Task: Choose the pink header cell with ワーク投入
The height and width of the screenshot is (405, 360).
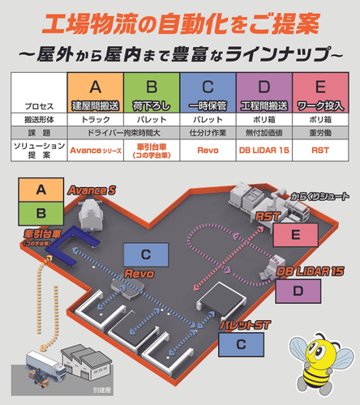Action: (319, 93)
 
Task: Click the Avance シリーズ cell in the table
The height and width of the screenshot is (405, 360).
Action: (96, 151)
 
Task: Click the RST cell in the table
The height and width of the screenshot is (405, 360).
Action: (319, 151)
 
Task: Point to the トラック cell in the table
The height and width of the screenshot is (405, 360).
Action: (96, 118)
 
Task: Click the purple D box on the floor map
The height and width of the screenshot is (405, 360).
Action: (299, 290)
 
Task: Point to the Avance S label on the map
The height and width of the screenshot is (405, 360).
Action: (92, 190)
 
